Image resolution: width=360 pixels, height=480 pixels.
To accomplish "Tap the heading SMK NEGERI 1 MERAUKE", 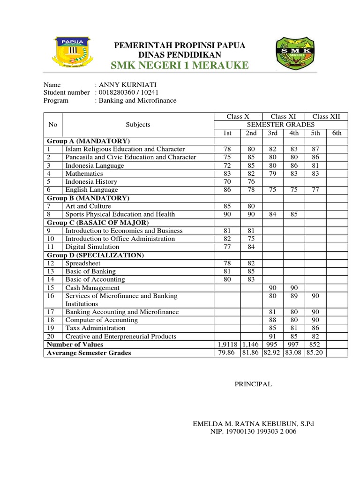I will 180,65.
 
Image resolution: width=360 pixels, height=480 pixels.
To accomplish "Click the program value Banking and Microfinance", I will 136,100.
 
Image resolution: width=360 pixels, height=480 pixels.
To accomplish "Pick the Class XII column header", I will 326,116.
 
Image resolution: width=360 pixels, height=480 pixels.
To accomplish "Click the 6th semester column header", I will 337,133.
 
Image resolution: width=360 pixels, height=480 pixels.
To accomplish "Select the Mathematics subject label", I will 84,173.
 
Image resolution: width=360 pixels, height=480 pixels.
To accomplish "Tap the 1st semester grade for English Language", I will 227,190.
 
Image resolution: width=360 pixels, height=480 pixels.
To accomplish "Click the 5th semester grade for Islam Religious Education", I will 315,149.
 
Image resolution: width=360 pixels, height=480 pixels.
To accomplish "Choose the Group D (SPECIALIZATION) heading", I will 95,255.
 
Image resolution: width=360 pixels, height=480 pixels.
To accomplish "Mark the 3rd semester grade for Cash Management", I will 273,288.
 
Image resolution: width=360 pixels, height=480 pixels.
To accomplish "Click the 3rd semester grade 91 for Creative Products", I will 273,336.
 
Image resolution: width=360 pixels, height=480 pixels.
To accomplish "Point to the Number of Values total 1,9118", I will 227,345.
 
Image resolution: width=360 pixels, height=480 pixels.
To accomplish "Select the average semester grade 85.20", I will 315,352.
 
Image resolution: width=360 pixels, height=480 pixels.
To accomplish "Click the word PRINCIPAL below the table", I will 253,384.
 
